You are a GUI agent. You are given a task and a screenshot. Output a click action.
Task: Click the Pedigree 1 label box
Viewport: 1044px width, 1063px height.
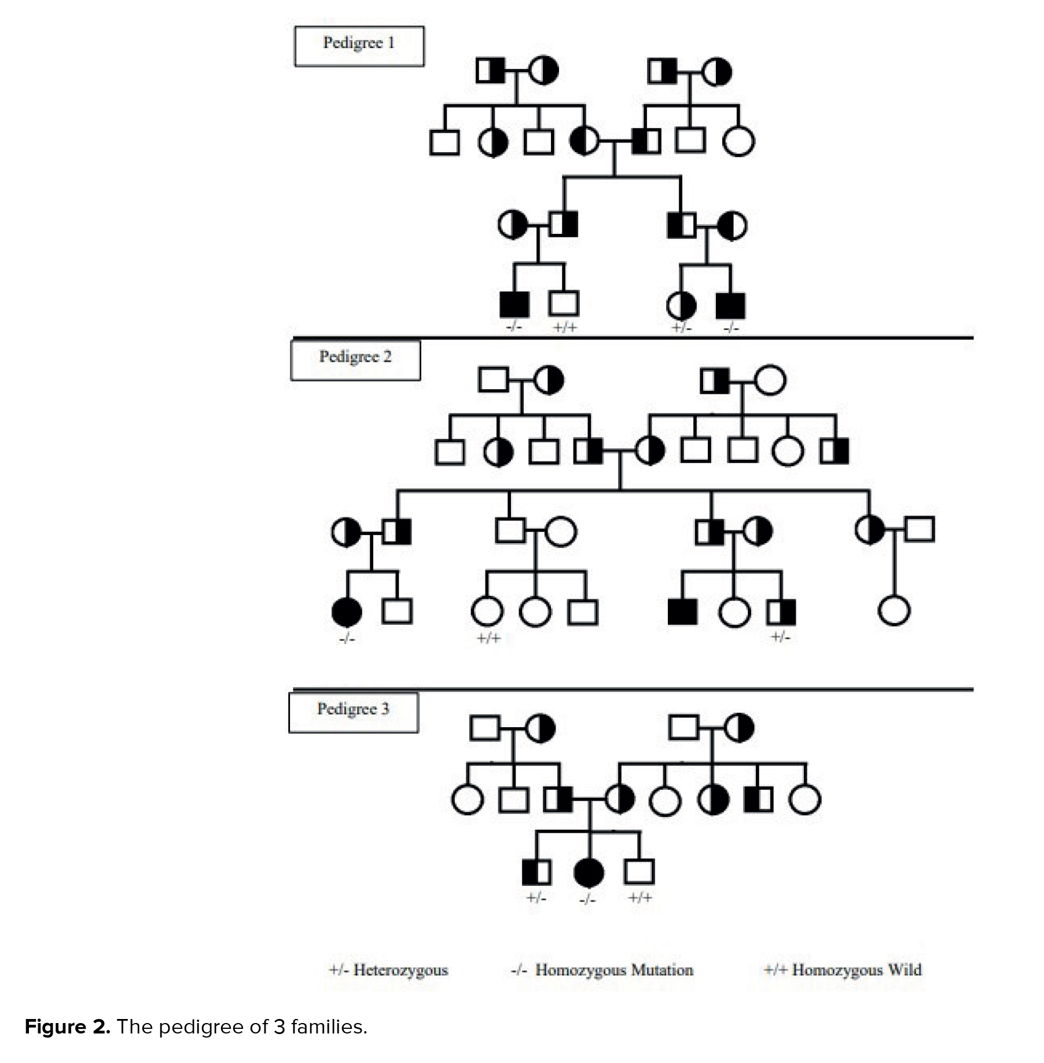tap(359, 46)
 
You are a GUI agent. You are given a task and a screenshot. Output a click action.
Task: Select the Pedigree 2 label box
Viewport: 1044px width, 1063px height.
tap(355, 360)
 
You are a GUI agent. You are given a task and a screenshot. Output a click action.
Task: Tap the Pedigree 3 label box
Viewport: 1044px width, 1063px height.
tap(353, 712)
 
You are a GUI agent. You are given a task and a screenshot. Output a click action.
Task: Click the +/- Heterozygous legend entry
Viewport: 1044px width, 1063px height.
tap(389, 970)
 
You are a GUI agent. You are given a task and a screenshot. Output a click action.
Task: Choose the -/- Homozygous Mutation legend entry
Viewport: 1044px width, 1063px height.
tap(602, 970)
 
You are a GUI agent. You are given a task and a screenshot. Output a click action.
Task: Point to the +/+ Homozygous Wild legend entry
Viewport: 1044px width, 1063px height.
tap(843, 970)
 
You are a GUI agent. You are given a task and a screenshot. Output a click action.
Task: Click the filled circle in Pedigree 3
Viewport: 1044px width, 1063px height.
tap(589, 873)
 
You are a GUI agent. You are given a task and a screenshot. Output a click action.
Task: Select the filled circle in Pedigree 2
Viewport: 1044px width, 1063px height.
tap(347, 612)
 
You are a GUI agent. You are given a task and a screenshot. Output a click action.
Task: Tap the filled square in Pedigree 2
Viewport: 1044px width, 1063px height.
tap(682, 612)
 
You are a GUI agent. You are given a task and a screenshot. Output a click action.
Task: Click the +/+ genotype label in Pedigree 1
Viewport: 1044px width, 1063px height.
tap(565, 328)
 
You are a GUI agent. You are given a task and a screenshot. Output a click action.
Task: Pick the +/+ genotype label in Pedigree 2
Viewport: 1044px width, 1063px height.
tap(488, 638)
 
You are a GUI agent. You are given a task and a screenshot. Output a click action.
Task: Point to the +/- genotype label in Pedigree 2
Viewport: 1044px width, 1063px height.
tap(780, 637)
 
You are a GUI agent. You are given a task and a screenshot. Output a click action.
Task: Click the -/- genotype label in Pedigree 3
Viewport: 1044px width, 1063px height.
tap(587, 900)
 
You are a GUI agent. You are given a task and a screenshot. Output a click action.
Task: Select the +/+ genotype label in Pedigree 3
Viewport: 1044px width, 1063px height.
tap(640, 898)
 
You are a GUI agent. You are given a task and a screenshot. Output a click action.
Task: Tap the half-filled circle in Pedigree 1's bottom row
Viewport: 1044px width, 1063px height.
tap(681, 306)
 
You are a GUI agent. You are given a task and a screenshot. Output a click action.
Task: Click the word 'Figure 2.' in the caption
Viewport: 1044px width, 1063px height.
tap(67, 1027)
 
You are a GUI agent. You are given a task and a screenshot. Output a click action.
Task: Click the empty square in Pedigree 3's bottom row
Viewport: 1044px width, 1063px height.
tap(639, 872)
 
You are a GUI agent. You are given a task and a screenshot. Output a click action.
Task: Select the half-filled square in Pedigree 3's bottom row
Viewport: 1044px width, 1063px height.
tap(536, 872)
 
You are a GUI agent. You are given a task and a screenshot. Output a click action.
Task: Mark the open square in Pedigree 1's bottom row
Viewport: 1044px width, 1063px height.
tap(564, 303)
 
